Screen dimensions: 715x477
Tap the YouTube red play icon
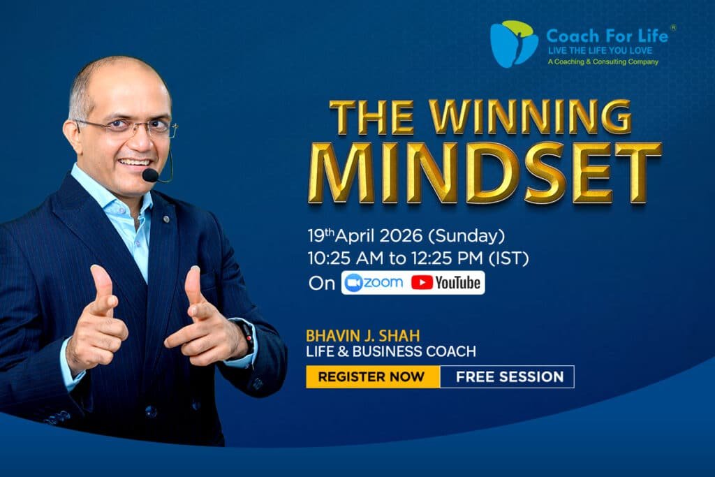[422, 283]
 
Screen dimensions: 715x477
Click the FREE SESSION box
[507, 376]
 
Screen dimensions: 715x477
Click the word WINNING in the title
[531, 117]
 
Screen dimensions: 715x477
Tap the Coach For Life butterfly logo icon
[514, 44]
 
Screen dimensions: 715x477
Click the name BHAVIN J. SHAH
[363, 336]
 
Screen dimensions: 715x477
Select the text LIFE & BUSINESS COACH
[391, 351]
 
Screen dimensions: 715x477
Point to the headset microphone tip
[150, 175]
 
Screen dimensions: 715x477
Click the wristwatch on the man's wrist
[246, 337]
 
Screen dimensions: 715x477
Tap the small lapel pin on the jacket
[166, 219]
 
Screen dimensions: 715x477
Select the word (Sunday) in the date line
[466, 236]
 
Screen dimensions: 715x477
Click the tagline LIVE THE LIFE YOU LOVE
[600, 50]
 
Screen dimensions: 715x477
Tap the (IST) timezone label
[509, 258]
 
